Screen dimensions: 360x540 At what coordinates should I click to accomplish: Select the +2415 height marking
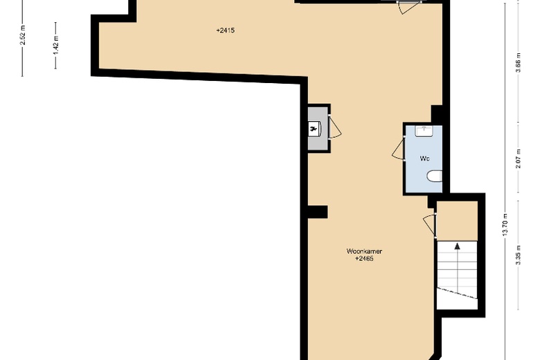pyautogui.click(x=226, y=30)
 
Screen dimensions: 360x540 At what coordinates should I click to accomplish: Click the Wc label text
pyautogui.click(x=424, y=159)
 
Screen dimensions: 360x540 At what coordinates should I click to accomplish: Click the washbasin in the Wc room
pyautogui.click(x=424, y=130)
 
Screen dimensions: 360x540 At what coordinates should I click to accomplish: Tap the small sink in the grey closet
pyautogui.click(x=315, y=128)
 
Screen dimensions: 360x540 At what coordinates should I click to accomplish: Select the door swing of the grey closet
pyautogui.click(x=334, y=128)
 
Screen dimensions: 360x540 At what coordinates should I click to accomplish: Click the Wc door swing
pyautogui.click(x=398, y=149)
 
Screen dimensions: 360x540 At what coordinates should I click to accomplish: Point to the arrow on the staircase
pyautogui.click(x=457, y=245)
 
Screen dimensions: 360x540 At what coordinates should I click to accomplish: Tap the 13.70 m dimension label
pyautogui.click(x=506, y=224)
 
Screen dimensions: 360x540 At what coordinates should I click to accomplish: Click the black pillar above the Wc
pyautogui.click(x=437, y=114)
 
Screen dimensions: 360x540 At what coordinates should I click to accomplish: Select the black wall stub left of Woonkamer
pyautogui.click(x=317, y=212)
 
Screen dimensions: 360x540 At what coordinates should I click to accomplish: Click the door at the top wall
pyautogui.click(x=408, y=4)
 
